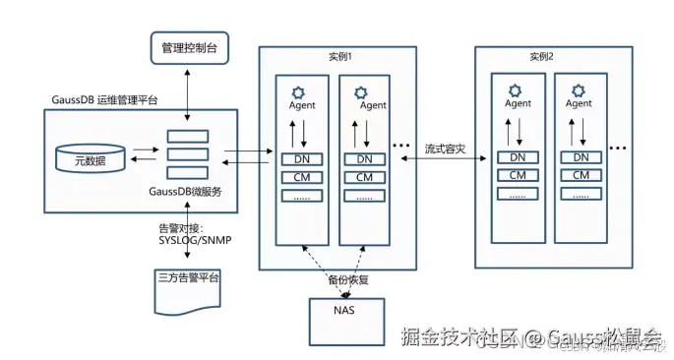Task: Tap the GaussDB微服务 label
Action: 187,191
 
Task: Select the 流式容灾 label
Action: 445,150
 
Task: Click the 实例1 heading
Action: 337,57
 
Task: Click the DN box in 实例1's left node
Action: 302,158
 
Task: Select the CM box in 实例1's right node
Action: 364,177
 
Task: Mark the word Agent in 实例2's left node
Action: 518,103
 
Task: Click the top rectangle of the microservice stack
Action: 187,136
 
